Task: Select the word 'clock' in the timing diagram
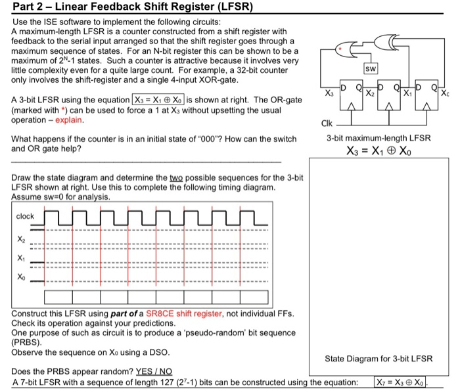pos(26,216)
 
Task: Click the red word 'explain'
pos(70,120)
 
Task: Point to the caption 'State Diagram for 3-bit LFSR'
pos(379,358)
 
